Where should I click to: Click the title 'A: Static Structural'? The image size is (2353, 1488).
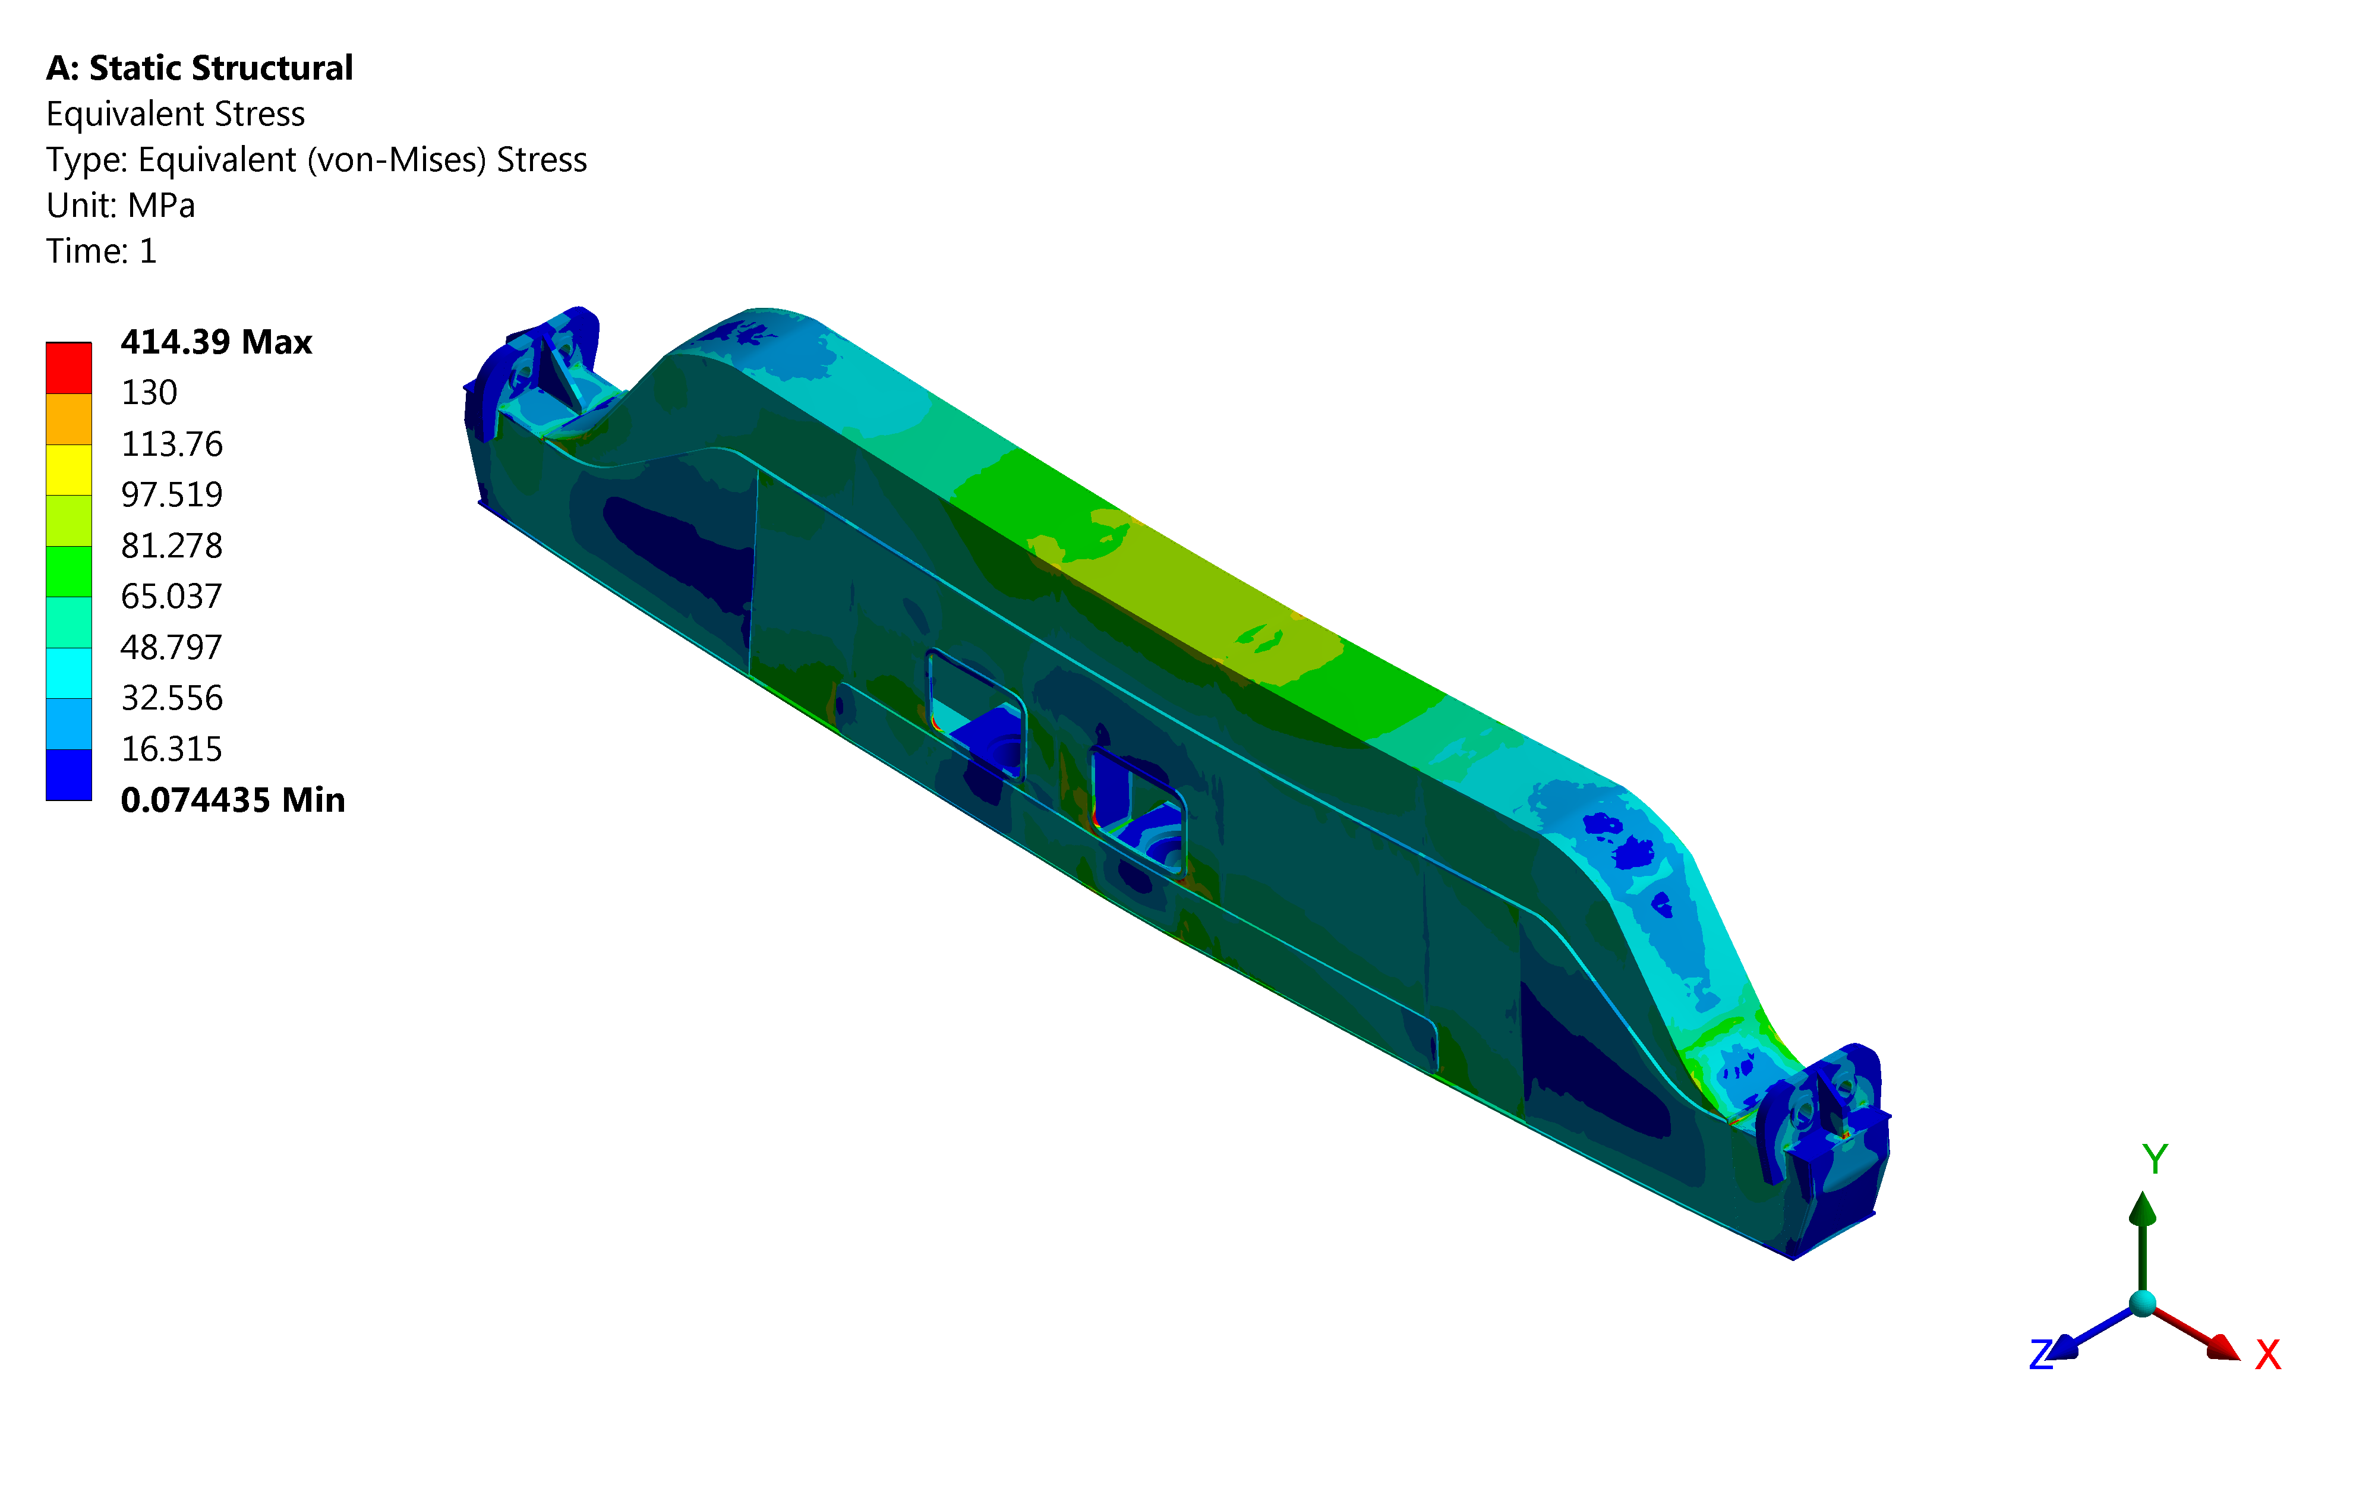click(x=199, y=68)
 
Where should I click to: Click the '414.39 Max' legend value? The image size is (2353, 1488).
click(x=216, y=342)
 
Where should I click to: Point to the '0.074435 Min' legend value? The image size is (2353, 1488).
click(x=232, y=800)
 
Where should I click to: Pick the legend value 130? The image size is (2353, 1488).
click(x=150, y=393)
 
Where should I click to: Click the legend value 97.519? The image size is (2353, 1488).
click(x=172, y=494)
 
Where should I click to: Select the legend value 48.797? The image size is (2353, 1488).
click(x=172, y=647)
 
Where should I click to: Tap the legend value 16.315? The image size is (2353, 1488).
click(x=172, y=749)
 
